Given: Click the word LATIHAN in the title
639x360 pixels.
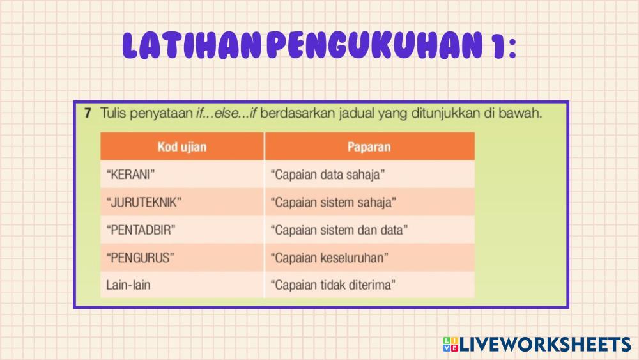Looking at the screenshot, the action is point(192,45).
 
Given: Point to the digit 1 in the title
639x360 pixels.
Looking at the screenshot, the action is point(498,45).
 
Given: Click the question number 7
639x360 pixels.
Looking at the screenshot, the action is point(88,113).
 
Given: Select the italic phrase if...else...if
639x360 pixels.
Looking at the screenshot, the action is point(226,113).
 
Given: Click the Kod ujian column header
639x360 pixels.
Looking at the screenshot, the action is point(182,147).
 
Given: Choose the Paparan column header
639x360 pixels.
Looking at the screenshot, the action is point(369,147).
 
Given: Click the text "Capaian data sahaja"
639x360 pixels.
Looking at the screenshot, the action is point(328,175).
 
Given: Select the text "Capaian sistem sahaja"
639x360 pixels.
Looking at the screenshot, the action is point(334,202).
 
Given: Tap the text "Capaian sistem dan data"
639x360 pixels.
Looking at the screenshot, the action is point(339,230).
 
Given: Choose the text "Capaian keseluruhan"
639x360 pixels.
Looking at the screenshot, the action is point(329,258).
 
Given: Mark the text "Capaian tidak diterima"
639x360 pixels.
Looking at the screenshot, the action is point(333,285).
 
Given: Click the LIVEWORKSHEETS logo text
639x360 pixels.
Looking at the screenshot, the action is point(545,345).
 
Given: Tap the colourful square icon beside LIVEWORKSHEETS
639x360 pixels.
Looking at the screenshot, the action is point(450,345).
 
